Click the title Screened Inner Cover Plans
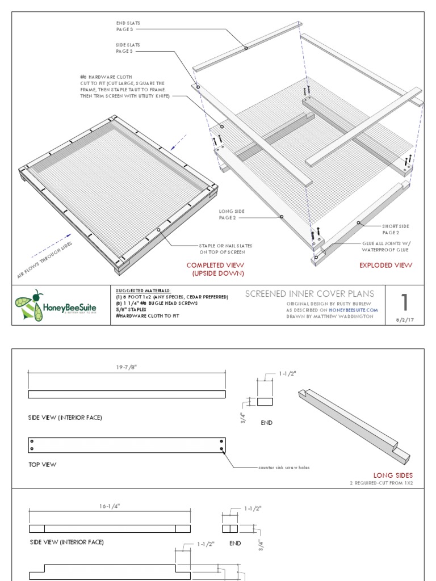pos(309,293)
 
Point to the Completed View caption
pos(215,269)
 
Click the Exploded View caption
pos(385,265)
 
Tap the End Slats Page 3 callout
pos(128,26)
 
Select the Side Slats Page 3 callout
pos(128,48)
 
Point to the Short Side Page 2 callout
pos(396,229)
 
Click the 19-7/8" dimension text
pos(127,367)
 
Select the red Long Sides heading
pos(393,475)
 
